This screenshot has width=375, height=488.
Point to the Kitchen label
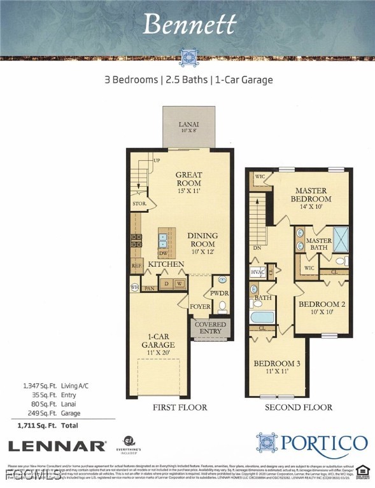pos(166,264)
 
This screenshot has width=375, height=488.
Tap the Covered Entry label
pos(210,328)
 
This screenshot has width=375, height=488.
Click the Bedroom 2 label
pos(323,308)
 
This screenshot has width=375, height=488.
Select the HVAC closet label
pos(257,272)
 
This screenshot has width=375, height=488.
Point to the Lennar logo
pos(57,445)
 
